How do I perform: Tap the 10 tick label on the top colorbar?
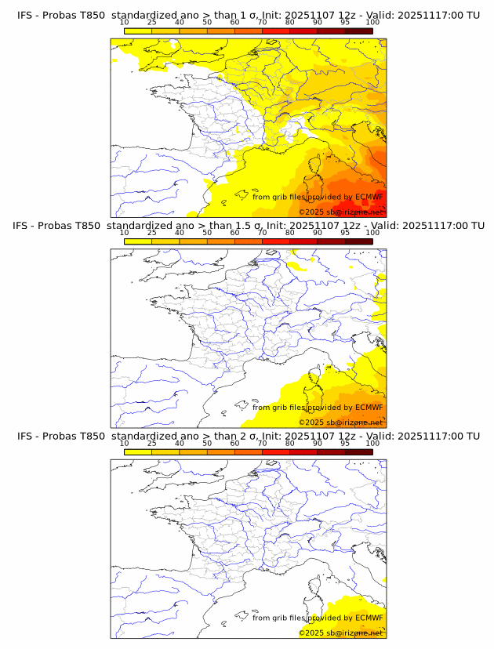(x=124, y=22)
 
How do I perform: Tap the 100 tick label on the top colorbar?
(x=372, y=22)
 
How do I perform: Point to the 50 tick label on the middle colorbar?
(x=207, y=233)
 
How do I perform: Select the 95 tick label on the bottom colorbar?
(x=345, y=443)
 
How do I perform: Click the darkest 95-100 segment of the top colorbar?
(x=358, y=31)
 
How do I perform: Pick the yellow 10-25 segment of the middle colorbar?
(x=138, y=241)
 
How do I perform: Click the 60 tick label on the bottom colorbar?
(x=234, y=443)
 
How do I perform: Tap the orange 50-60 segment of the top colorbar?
(x=220, y=31)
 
